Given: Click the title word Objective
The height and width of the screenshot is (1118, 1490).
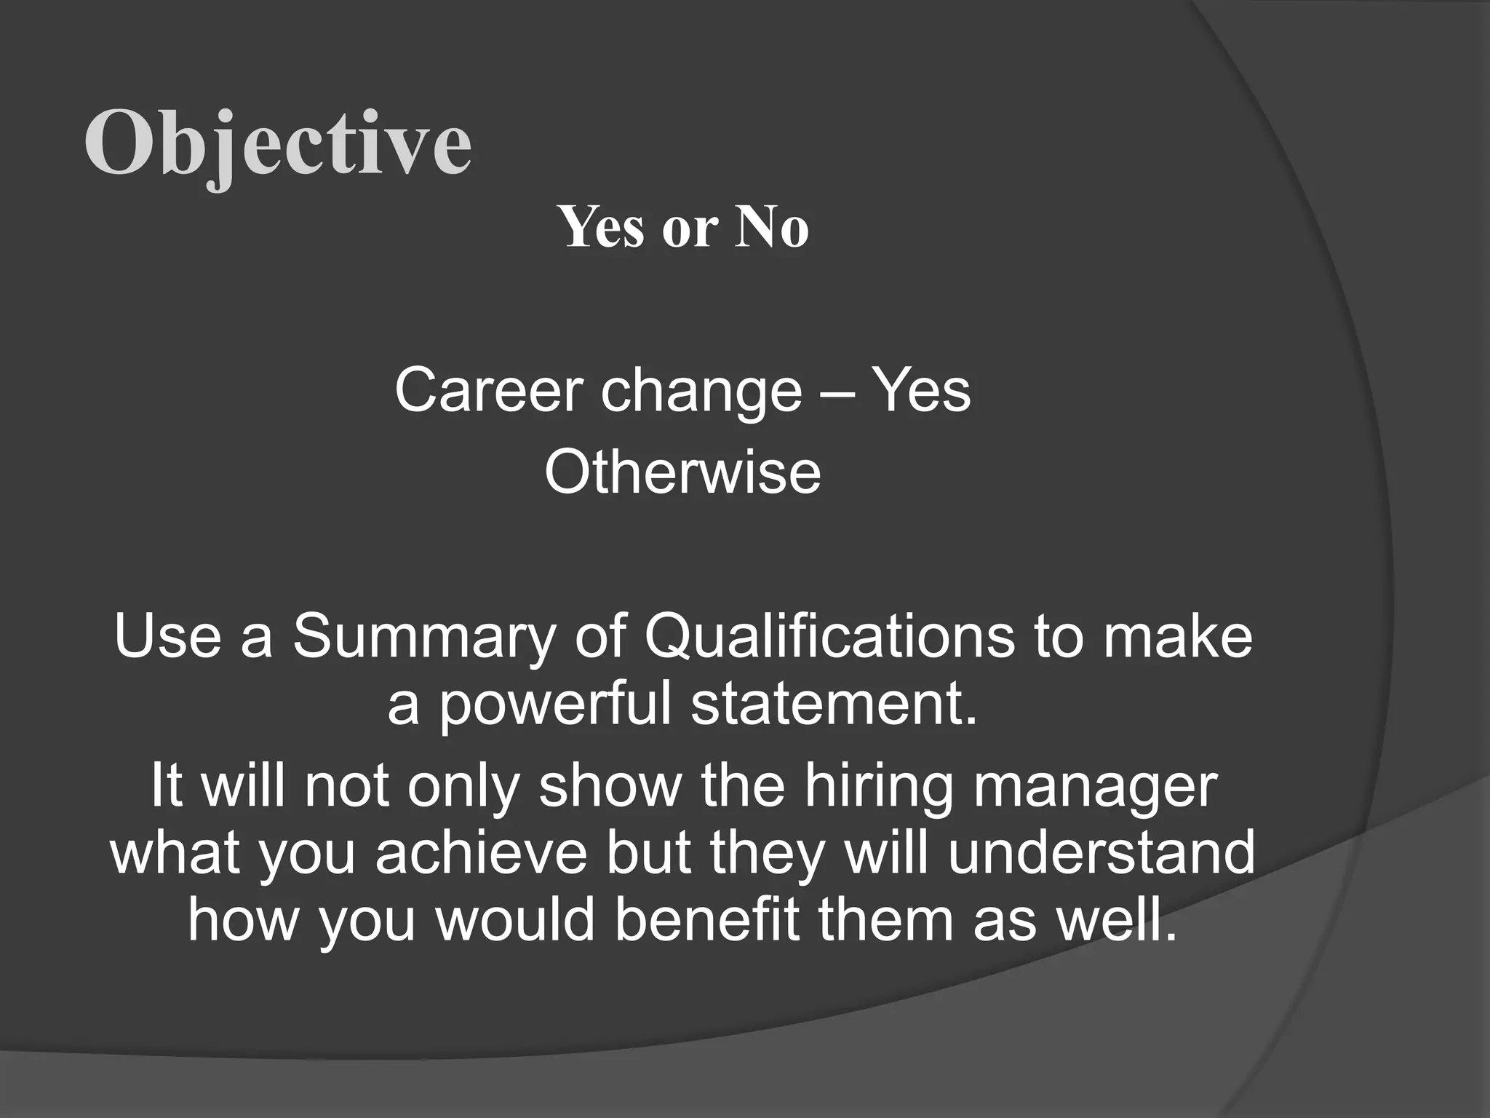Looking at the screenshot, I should pos(278,143).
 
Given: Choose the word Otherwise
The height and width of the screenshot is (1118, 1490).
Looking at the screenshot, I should pos(682,472).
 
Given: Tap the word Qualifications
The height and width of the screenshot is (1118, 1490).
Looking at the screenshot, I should pos(829,638).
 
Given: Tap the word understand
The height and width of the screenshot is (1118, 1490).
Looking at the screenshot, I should pos(1101,853).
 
